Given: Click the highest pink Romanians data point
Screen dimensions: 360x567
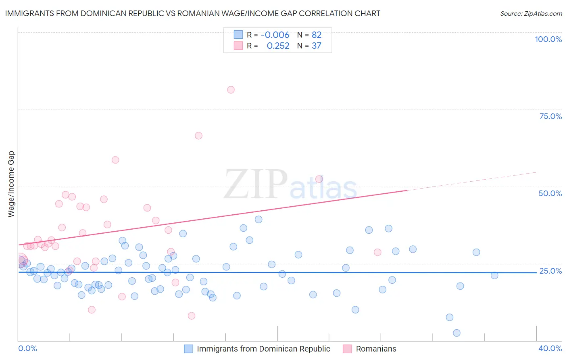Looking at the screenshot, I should (231, 90).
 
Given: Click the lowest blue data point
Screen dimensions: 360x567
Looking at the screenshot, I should (457, 333).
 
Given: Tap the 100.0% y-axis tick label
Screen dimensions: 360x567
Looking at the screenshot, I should (548, 39).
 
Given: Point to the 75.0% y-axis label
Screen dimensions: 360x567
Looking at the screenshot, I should (550, 116).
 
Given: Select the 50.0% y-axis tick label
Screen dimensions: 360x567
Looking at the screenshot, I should (550, 193).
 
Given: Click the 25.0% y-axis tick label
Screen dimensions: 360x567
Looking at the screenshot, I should (550, 271).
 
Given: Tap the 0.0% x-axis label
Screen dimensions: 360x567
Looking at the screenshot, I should (27, 348).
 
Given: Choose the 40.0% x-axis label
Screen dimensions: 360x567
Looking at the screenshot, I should (550, 348).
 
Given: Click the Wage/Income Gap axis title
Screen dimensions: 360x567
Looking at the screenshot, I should (11, 184).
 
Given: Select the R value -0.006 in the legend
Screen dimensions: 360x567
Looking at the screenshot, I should (275, 35).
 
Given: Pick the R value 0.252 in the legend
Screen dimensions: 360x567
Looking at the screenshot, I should (278, 46).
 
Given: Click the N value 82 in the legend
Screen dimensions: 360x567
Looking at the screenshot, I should (317, 35).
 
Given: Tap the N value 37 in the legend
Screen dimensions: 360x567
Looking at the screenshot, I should (317, 46).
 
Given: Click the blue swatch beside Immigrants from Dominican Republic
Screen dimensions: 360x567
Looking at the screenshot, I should (188, 349).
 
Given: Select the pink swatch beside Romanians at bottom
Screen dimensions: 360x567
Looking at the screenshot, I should (347, 349).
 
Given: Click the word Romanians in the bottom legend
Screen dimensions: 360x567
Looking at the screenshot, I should (376, 349).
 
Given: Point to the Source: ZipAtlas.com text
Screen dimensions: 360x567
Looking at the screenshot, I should (531, 13).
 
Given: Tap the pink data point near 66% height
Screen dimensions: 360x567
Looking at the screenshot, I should (198, 136).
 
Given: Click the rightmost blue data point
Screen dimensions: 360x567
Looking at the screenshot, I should (494, 275).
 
